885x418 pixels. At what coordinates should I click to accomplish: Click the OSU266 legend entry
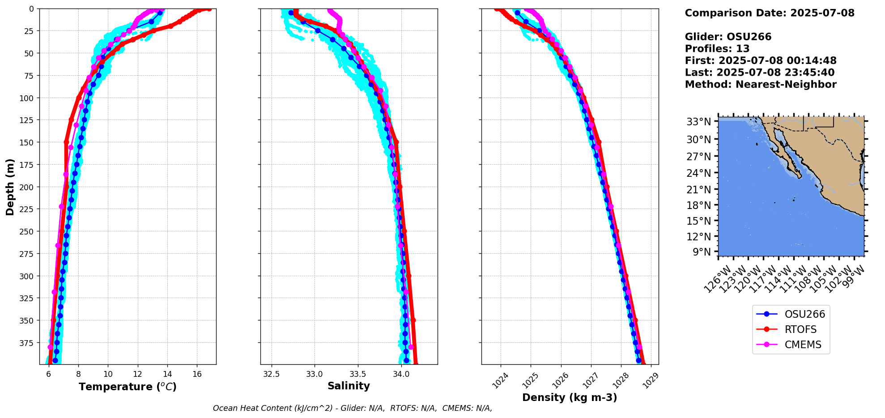tap(804, 314)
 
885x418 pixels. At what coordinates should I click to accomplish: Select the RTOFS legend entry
tap(800, 329)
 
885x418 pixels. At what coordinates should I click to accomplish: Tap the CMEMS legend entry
tap(803, 345)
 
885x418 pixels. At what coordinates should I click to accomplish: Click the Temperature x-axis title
tap(128, 387)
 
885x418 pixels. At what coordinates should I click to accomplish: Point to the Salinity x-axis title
tap(349, 386)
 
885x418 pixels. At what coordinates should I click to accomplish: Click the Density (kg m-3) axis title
tap(570, 397)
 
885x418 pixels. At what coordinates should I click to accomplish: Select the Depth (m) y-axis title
tap(10, 187)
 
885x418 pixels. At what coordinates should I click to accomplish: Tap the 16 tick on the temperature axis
tap(197, 374)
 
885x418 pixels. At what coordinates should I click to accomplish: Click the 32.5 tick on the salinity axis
tap(271, 374)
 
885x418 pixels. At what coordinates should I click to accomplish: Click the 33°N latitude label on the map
tap(698, 122)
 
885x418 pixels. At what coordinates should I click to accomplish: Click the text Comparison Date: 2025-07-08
tap(770, 13)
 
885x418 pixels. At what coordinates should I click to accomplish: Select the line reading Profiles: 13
tap(717, 49)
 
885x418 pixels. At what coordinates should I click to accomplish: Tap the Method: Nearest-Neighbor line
tap(761, 85)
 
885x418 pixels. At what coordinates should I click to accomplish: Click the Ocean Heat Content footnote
tap(352, 408)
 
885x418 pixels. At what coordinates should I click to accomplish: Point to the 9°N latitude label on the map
tap(702, 252)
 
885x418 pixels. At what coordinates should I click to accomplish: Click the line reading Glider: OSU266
tap(728, 37)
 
